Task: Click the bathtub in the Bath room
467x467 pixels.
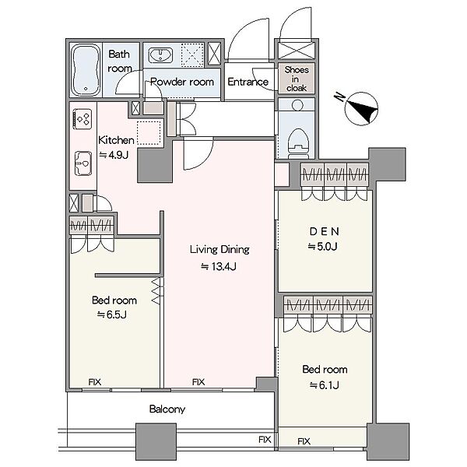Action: point(86,70)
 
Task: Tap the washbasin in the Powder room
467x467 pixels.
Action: point(160,55)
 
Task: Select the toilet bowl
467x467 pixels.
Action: point(298,143)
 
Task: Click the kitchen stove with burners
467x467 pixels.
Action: point(83,119)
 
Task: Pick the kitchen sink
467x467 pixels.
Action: point(83,163)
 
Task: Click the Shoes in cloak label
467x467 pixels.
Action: point(296,79)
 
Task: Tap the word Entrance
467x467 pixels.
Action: point(248,82)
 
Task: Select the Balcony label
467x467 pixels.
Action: point(167,409)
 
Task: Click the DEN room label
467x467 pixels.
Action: point(325,231)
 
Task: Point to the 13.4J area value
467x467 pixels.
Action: point(219,266)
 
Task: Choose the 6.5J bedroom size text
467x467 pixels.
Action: point(112,314)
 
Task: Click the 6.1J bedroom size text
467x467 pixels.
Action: point(325,385)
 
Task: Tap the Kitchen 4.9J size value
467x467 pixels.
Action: point(114,155)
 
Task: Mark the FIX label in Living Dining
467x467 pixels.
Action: point(198,382)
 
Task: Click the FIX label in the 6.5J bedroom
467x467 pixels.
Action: point(95,382)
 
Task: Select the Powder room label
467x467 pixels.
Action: point(182,82)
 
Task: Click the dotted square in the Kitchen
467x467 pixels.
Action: point(149,133)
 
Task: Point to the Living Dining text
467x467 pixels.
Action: point(219,250)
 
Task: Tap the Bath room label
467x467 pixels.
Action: point(119,61)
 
